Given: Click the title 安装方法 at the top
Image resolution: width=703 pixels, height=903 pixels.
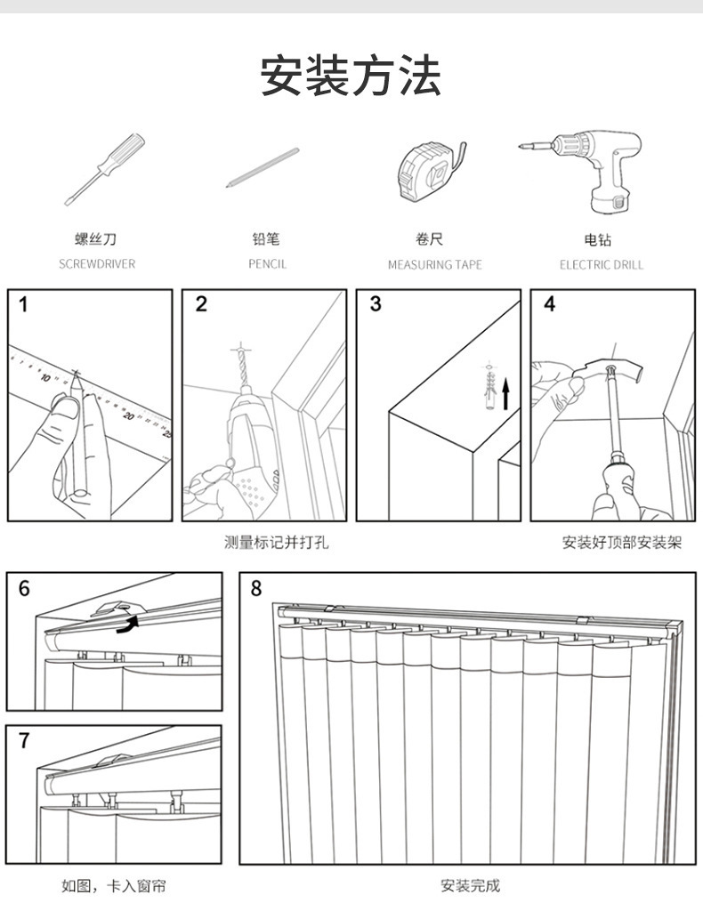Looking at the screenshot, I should [351, 76].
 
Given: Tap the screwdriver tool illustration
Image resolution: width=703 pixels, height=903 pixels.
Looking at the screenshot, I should [104, 169].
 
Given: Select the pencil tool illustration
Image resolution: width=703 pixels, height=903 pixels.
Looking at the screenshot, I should [263, 167].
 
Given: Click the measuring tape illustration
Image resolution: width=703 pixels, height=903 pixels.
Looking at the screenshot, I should [428, 169].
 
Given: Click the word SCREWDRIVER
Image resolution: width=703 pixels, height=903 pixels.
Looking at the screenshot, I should [97, 264].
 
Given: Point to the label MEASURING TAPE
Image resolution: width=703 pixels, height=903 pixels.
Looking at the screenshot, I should [434, 264].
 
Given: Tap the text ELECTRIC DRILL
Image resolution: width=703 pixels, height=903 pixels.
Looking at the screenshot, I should [601, 264].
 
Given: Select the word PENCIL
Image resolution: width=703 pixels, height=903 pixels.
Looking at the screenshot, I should [267, 264].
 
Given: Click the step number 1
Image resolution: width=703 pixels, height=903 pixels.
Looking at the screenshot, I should [23, 305].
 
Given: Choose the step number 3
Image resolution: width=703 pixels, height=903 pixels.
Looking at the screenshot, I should [376, 304].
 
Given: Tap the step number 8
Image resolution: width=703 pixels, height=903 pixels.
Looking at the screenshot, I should [256, 588].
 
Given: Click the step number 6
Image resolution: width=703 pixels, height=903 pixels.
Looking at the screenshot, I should [24, 588].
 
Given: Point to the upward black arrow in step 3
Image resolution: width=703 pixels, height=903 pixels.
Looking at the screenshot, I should [506, 393].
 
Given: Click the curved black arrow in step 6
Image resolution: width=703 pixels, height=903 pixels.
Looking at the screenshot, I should [130, 625].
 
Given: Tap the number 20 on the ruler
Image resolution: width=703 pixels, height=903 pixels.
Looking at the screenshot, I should [129, 415].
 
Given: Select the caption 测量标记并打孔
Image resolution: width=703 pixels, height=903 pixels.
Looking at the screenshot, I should [276, 542].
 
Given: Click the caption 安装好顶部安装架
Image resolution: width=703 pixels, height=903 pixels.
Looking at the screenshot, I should [621, 542].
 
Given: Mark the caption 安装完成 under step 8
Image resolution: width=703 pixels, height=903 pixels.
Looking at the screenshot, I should [470, 885].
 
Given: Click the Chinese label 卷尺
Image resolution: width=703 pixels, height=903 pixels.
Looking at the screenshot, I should [429, 239].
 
